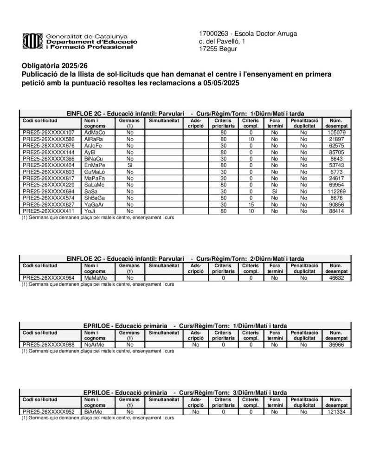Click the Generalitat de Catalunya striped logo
(x=32, y=41)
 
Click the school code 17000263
(x=212, y=33)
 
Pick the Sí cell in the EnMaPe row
(x=130, y=165)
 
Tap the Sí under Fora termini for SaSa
(x=275, y=191)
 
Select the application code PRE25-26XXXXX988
(x=48, y=345)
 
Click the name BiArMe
(x=93, y=411)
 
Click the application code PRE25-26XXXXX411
(x=48, y=211)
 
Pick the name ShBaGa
(x=95, y=198)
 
